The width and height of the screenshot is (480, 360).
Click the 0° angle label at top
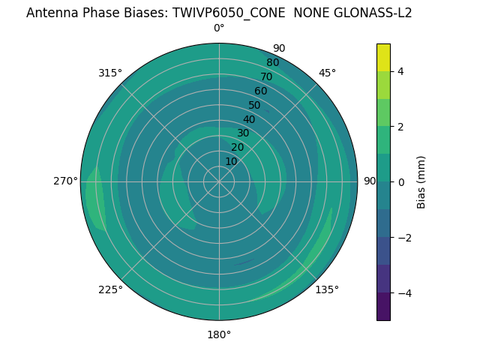pos(219,28)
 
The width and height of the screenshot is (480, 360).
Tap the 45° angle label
pos(327,73)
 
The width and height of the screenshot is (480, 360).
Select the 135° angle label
pos(327,289)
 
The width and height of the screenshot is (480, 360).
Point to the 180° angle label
pos(219,334)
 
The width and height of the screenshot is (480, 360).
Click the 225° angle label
pos(110,289)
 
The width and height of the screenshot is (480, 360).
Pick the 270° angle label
pos(65,181)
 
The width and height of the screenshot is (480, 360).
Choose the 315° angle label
pos(110,73)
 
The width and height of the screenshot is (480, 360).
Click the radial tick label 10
pos(231,161)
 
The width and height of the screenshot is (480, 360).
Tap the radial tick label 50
pos(254,105)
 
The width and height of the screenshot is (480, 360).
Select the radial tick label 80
pos(272,62)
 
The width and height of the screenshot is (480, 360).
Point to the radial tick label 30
pos(243,133)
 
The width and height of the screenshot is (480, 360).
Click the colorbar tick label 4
pos(400,71)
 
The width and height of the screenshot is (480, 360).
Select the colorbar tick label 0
pos(400,182)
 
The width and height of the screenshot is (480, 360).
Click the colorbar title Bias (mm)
pos(421,182)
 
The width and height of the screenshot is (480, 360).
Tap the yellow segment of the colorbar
pos(383,58)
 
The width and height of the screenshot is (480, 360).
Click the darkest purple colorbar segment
pos(383,307)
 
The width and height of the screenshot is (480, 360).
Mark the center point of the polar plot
pos(219,181)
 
